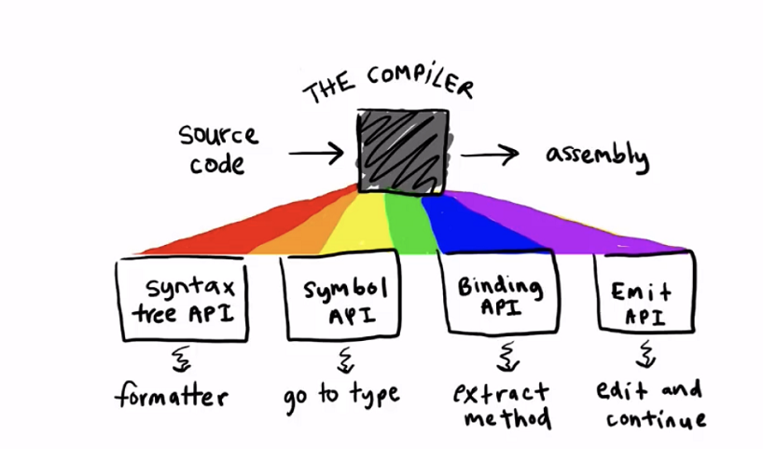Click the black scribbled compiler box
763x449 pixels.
(x=403, y=152)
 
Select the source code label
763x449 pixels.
(x=218, y=150)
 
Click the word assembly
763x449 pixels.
(x=598, y=156)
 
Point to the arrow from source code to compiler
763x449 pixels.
(x=316, y=154)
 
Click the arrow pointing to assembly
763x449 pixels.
(x=490, y=155)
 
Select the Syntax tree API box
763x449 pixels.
(x=182, y=299)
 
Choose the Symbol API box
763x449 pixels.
(x=342, y=295)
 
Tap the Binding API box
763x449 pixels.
(x=499, y=293)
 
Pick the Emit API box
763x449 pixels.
(x=645, y=293)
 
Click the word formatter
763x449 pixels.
(x=172, y=395)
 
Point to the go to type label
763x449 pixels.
(x=341, y=396)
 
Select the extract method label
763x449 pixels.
(x=502, y=405)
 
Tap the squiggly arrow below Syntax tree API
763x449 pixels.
(x=182, y=359)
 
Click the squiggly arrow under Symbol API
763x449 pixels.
(x=345, y=360)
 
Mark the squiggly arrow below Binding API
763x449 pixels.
(x=507, y=356)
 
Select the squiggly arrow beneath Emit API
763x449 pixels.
(x=646, y=353)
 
